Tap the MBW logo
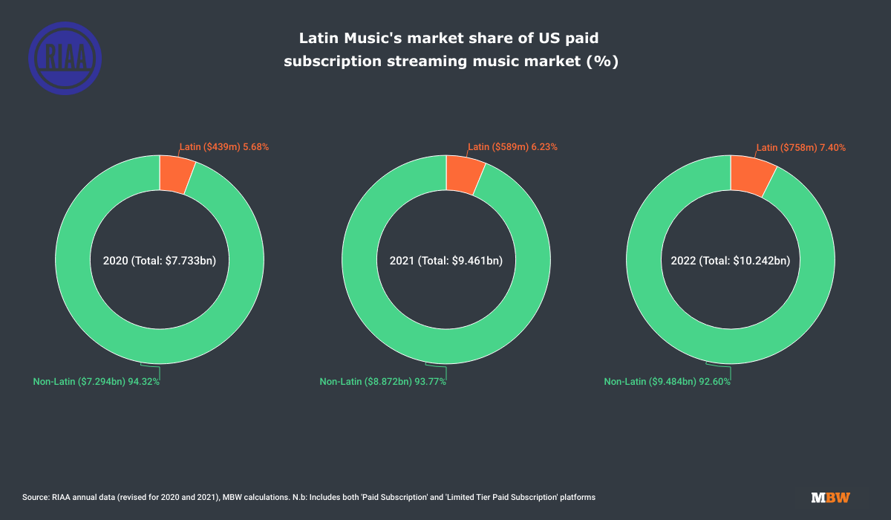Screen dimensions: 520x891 tap(830, 497)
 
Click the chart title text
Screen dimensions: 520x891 tap(451, 49)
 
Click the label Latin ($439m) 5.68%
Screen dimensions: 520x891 tap(224, 147)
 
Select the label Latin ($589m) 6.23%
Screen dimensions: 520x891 tap(512, 147)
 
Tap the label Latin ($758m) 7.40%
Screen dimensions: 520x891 tap(800, 147)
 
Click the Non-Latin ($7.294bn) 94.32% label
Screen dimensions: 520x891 tap(97, 381)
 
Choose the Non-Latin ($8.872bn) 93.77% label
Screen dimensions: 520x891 tap(383, 381)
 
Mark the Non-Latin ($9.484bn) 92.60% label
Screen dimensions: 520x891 tap(668, 381)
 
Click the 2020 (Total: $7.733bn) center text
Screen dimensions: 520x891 tap(159, 261)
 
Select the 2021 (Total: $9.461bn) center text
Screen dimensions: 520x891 tap(446, 261)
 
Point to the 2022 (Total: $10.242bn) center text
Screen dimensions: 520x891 tap(731, 261)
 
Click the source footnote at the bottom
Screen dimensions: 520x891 tap(309, 496)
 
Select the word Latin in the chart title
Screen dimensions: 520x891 tap(320, 37)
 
